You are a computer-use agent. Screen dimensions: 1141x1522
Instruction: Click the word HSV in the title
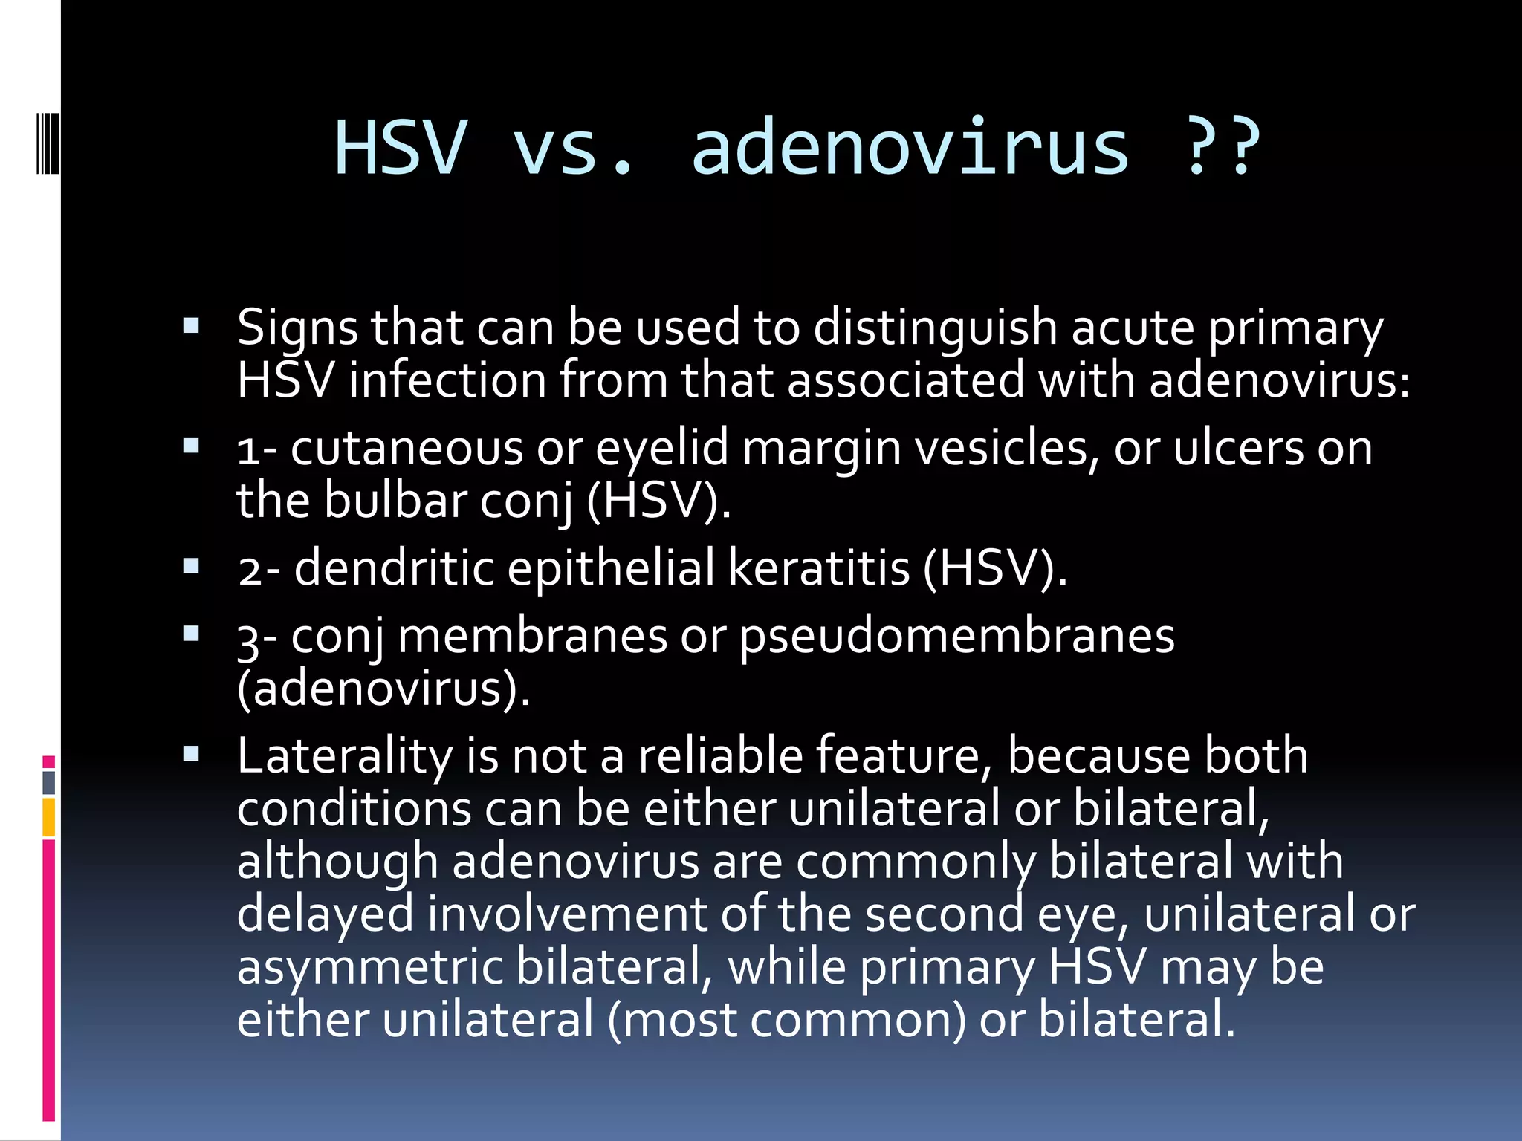[401, 148]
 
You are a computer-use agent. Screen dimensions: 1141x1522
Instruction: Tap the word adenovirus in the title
[910, 148]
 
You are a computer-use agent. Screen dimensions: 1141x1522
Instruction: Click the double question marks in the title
[1223, 148]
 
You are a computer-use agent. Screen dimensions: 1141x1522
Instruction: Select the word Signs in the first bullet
[297, 328]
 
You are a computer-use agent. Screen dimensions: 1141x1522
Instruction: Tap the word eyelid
[661, 449]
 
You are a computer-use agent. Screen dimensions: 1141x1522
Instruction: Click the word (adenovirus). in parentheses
[383, 689]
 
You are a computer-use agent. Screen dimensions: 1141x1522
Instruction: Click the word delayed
[325, 914]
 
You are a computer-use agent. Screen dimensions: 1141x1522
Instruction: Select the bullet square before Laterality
[191, 755]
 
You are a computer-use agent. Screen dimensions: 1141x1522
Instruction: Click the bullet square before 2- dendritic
[191, 568]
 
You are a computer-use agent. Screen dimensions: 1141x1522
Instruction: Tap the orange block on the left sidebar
[49, 816]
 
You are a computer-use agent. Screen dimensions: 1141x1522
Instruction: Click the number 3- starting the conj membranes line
[256, 638]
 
